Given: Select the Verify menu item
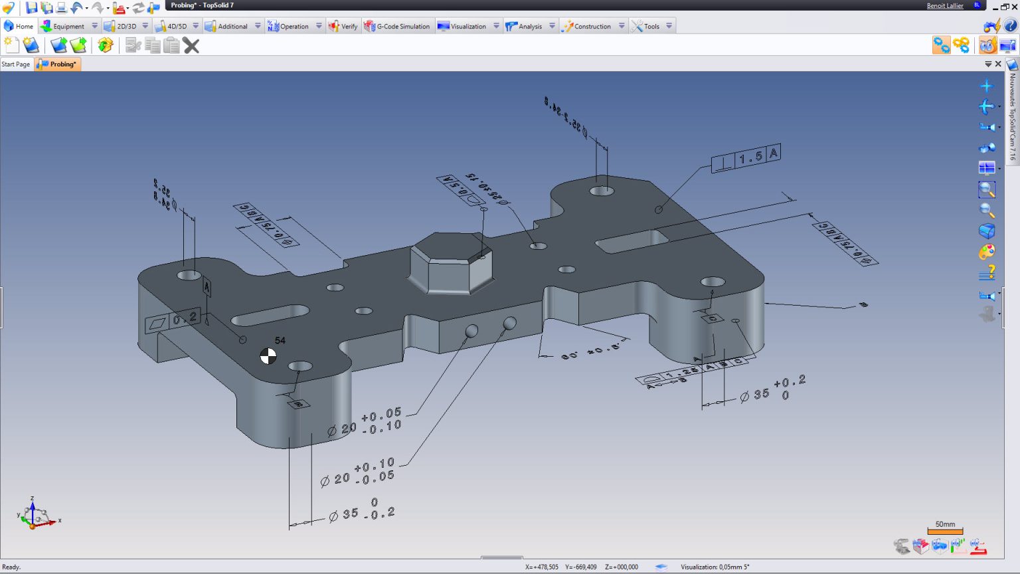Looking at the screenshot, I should (x=343, y=27).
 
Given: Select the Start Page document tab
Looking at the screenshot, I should (x=16, y=64).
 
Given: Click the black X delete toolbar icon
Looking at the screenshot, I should (x=191, y=46).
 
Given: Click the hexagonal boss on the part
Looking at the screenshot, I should (x=450, y=262).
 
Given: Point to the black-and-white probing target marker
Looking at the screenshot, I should (x=268, y=356).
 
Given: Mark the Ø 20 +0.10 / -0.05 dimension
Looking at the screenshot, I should (x=358, y=472).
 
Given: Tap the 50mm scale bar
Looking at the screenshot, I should (x=945, y=528).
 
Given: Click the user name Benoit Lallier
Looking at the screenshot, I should (x=944, y=6).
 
